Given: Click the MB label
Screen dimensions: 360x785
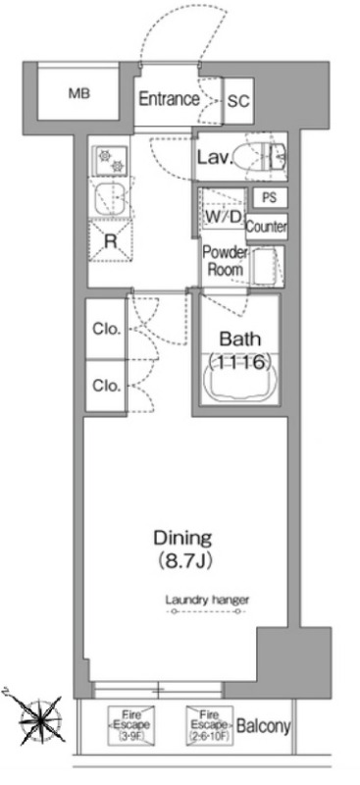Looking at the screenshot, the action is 79,93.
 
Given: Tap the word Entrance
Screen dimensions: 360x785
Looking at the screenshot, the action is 169,99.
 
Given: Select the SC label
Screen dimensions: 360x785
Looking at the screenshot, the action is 238,101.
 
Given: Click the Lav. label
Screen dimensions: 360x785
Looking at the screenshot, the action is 215,158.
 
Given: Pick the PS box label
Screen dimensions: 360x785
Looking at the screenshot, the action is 269,197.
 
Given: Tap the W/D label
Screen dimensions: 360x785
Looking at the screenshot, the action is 224,218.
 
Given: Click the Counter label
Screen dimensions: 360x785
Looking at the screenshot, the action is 267,228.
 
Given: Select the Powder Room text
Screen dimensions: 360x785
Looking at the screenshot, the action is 225,261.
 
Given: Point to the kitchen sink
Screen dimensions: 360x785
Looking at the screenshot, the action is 110,199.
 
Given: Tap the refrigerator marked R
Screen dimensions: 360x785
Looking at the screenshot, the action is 110,241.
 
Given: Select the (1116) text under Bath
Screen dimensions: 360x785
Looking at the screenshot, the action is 239,361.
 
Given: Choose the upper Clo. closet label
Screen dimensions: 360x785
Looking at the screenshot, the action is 107,329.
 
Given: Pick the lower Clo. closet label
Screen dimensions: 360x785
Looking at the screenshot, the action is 107,386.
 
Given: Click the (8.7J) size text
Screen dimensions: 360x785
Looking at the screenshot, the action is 182,559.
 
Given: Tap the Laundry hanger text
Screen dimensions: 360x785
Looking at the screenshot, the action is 207,600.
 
